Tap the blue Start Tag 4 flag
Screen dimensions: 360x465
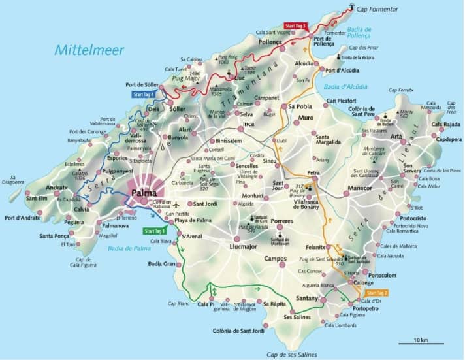tap(144, 94)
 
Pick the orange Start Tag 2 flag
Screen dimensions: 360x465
tap(376, 292)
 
